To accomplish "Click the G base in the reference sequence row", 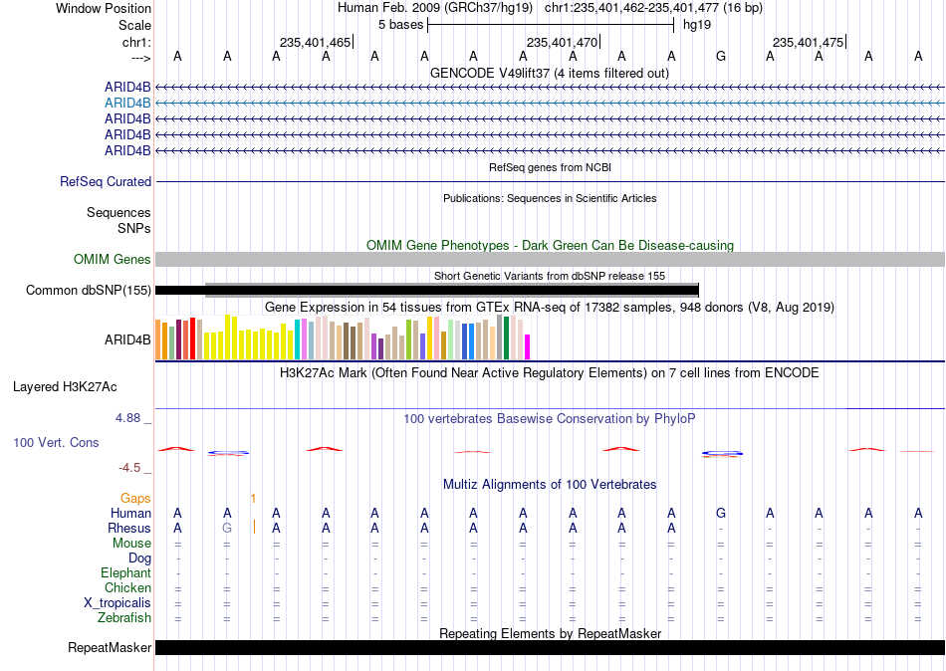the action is click(x=720, y=56).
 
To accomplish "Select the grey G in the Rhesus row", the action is click(x=227, y=528).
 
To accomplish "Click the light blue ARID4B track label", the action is click(x=127, y=103).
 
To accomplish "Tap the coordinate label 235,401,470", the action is click(x=562, y=42).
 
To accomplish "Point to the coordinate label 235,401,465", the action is click(x=315, y=42).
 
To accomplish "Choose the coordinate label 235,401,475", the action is click(x=808, y=42).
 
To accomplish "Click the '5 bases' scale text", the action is click(x=400, y=25).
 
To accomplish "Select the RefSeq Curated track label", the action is click(x=106, y=181).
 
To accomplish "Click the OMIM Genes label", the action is click(x=113, y=260).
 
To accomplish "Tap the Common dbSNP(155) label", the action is click(x=89, y=291).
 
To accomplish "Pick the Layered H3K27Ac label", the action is click(x=65, y=387).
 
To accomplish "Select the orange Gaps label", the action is click(x=135, y=498).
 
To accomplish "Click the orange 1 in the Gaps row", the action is click(x=253, y=499).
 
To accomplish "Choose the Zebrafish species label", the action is click(x=124, y=618).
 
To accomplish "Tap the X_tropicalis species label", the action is click(x=118, y=603).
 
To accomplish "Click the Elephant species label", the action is click(x=125, y=572).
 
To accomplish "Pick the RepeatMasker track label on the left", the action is click(x=110, y=647).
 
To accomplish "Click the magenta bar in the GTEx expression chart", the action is click(x=527, y=347).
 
